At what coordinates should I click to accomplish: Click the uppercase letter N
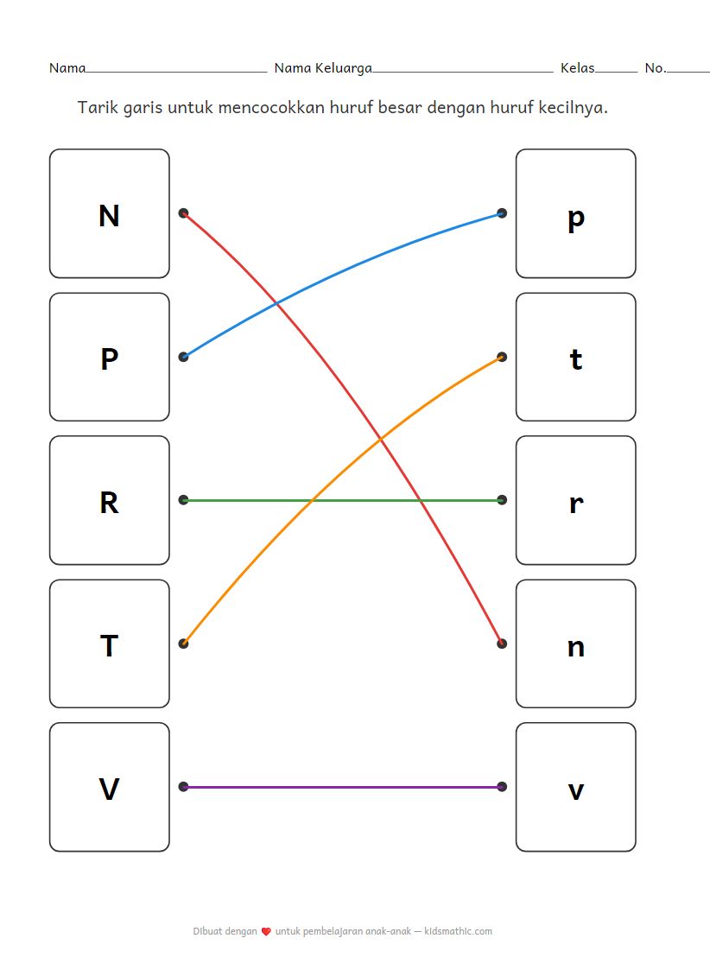(109, 215)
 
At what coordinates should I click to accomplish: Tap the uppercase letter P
(109, 358)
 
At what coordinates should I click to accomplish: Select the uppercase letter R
(109, 502)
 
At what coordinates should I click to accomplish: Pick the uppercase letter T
(109, 645)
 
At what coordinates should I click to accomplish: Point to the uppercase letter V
(109, 789)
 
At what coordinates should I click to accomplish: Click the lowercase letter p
(576, 218)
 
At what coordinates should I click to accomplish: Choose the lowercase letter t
(576, 358)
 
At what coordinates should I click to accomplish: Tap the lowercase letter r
(576, 504)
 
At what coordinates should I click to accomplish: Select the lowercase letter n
(576, 647)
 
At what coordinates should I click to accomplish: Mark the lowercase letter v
(576, 790)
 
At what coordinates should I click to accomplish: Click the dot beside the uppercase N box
(183, 212)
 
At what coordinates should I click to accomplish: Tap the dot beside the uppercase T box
(183, 643)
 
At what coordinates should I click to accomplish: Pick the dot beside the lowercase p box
(502, 212)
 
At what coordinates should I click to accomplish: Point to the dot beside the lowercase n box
(502, 643)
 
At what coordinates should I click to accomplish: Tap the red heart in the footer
(266, 931)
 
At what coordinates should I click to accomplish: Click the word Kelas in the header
(577, 67)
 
